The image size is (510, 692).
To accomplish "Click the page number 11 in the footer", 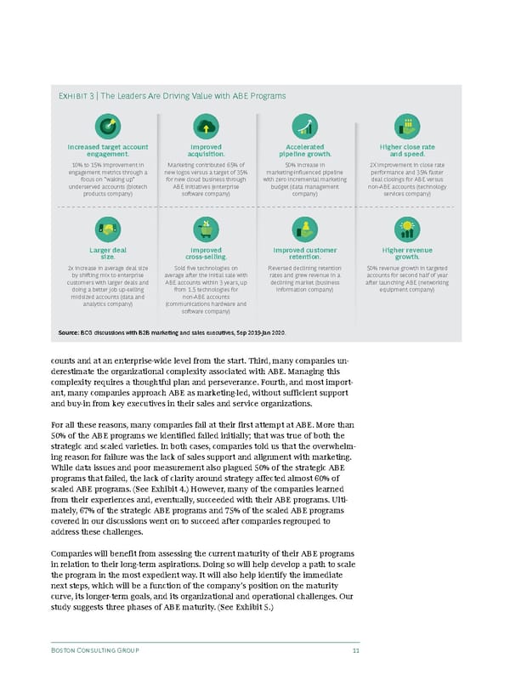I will point(354,650).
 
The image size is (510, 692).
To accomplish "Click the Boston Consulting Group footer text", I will point(94,650).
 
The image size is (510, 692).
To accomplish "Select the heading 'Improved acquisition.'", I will point(207,150).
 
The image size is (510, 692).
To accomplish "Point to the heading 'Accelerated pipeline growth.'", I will point(304,150).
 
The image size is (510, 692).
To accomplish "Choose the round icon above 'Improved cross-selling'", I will point(207,229).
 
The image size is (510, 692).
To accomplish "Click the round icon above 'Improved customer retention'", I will point(304,229).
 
